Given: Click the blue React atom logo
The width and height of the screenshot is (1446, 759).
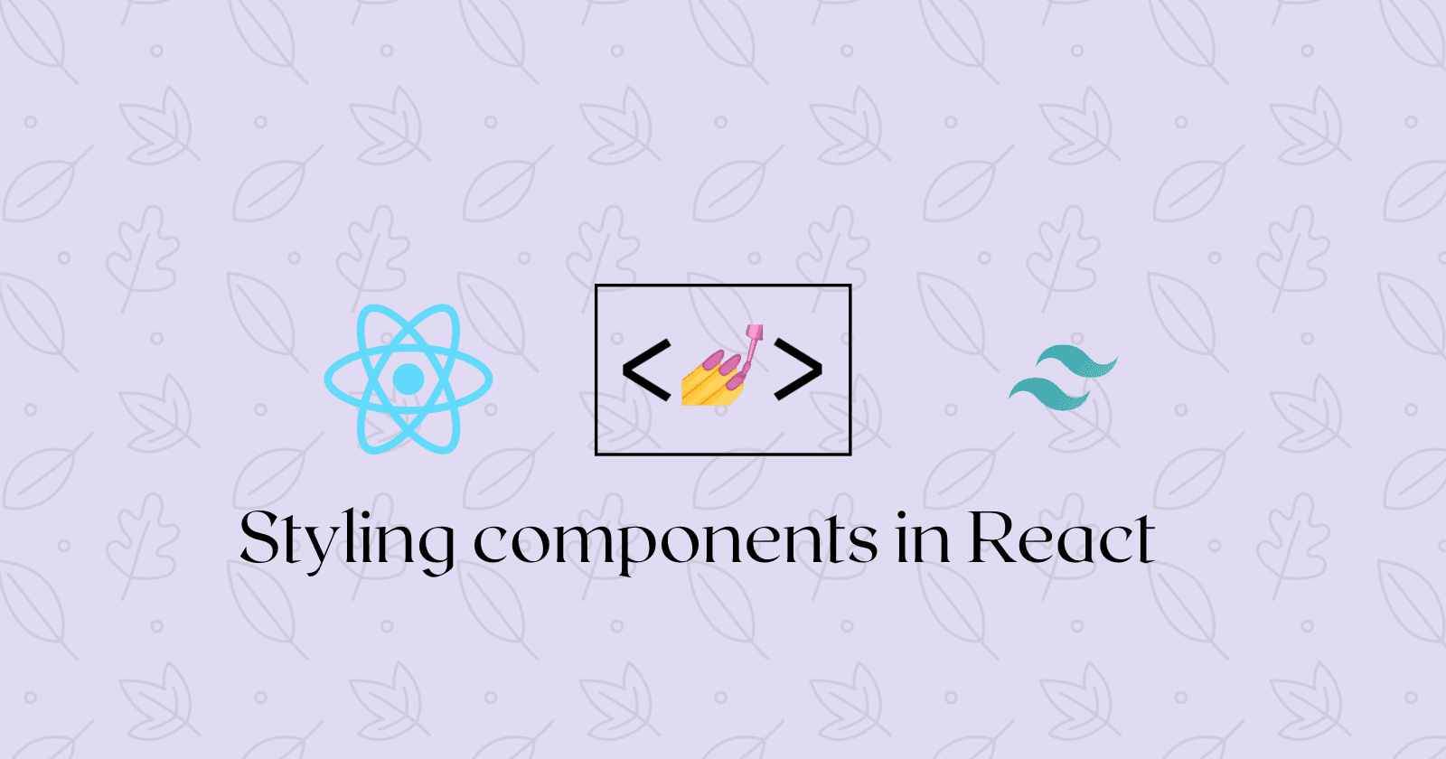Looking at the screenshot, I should (408, 379).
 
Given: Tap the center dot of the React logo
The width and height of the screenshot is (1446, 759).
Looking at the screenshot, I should (408, 379).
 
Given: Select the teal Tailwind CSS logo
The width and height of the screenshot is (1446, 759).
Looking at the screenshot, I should (1064, 378).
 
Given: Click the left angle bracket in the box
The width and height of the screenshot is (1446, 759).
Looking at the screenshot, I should (645, 369).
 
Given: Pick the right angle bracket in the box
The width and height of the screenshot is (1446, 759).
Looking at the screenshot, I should (798, 369).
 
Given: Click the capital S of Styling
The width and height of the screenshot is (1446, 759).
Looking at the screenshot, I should (259, 539).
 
